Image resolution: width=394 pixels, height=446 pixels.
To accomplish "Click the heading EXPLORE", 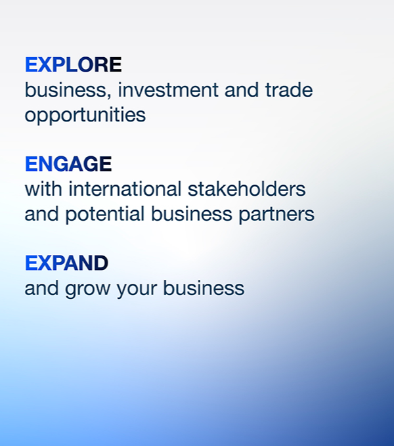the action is coord(74,64).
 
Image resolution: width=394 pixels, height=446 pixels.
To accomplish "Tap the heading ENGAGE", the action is coord(68,164).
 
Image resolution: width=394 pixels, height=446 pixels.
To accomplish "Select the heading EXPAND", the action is coord(66,263).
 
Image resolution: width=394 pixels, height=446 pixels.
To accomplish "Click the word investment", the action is coord(168,90).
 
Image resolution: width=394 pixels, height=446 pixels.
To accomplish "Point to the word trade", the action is coord(289,90).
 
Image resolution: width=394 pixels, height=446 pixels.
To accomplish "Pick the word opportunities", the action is coord(85,115).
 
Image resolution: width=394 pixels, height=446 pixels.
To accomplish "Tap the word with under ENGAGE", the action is coord(43,189).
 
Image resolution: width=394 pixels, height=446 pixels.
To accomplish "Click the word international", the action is coord(125,189).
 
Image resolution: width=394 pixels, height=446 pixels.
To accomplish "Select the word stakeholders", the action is coord(246,189).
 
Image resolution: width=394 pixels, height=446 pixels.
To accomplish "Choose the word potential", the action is coord(105,214).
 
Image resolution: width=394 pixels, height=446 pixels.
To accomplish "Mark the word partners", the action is coord(276,214).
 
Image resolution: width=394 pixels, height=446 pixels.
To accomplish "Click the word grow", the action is coord(87,288).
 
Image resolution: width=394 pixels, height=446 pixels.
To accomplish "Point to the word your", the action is coord(137,288).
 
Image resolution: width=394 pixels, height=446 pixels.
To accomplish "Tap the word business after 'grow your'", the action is coord(204,288).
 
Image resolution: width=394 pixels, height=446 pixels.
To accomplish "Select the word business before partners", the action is coord(191,214).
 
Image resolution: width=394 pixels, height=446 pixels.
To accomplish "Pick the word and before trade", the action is coord(242,90).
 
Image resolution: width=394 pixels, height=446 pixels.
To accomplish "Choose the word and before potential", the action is coord(42,214).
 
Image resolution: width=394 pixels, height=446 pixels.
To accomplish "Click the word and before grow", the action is coord(42,288).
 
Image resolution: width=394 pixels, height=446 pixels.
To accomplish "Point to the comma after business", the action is coord(110,97).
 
